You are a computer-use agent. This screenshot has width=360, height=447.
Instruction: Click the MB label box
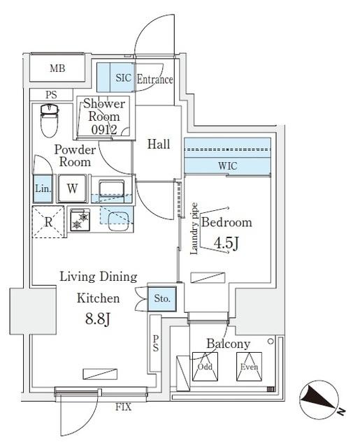point(57,68)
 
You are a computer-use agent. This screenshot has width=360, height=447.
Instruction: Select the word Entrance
point(154,80)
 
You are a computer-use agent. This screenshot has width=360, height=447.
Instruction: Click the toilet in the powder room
point(49,120)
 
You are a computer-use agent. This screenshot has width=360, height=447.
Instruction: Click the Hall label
point(159,145)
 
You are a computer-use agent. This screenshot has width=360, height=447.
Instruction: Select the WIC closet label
point(227,166)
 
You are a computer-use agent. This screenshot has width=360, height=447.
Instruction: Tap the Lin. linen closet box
point(41,189)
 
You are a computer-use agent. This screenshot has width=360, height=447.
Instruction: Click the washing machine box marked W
point(72,189)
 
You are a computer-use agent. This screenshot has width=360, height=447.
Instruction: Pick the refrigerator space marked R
point(48,221)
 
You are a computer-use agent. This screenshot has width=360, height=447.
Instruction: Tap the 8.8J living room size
point(98,319)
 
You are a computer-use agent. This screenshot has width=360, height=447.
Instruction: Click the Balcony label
point(228,344)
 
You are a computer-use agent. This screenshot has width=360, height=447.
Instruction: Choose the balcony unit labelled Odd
point(205,367)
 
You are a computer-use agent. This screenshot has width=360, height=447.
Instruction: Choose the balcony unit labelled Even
point(248,367)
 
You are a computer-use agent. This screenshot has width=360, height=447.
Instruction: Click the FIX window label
point(123,405)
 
